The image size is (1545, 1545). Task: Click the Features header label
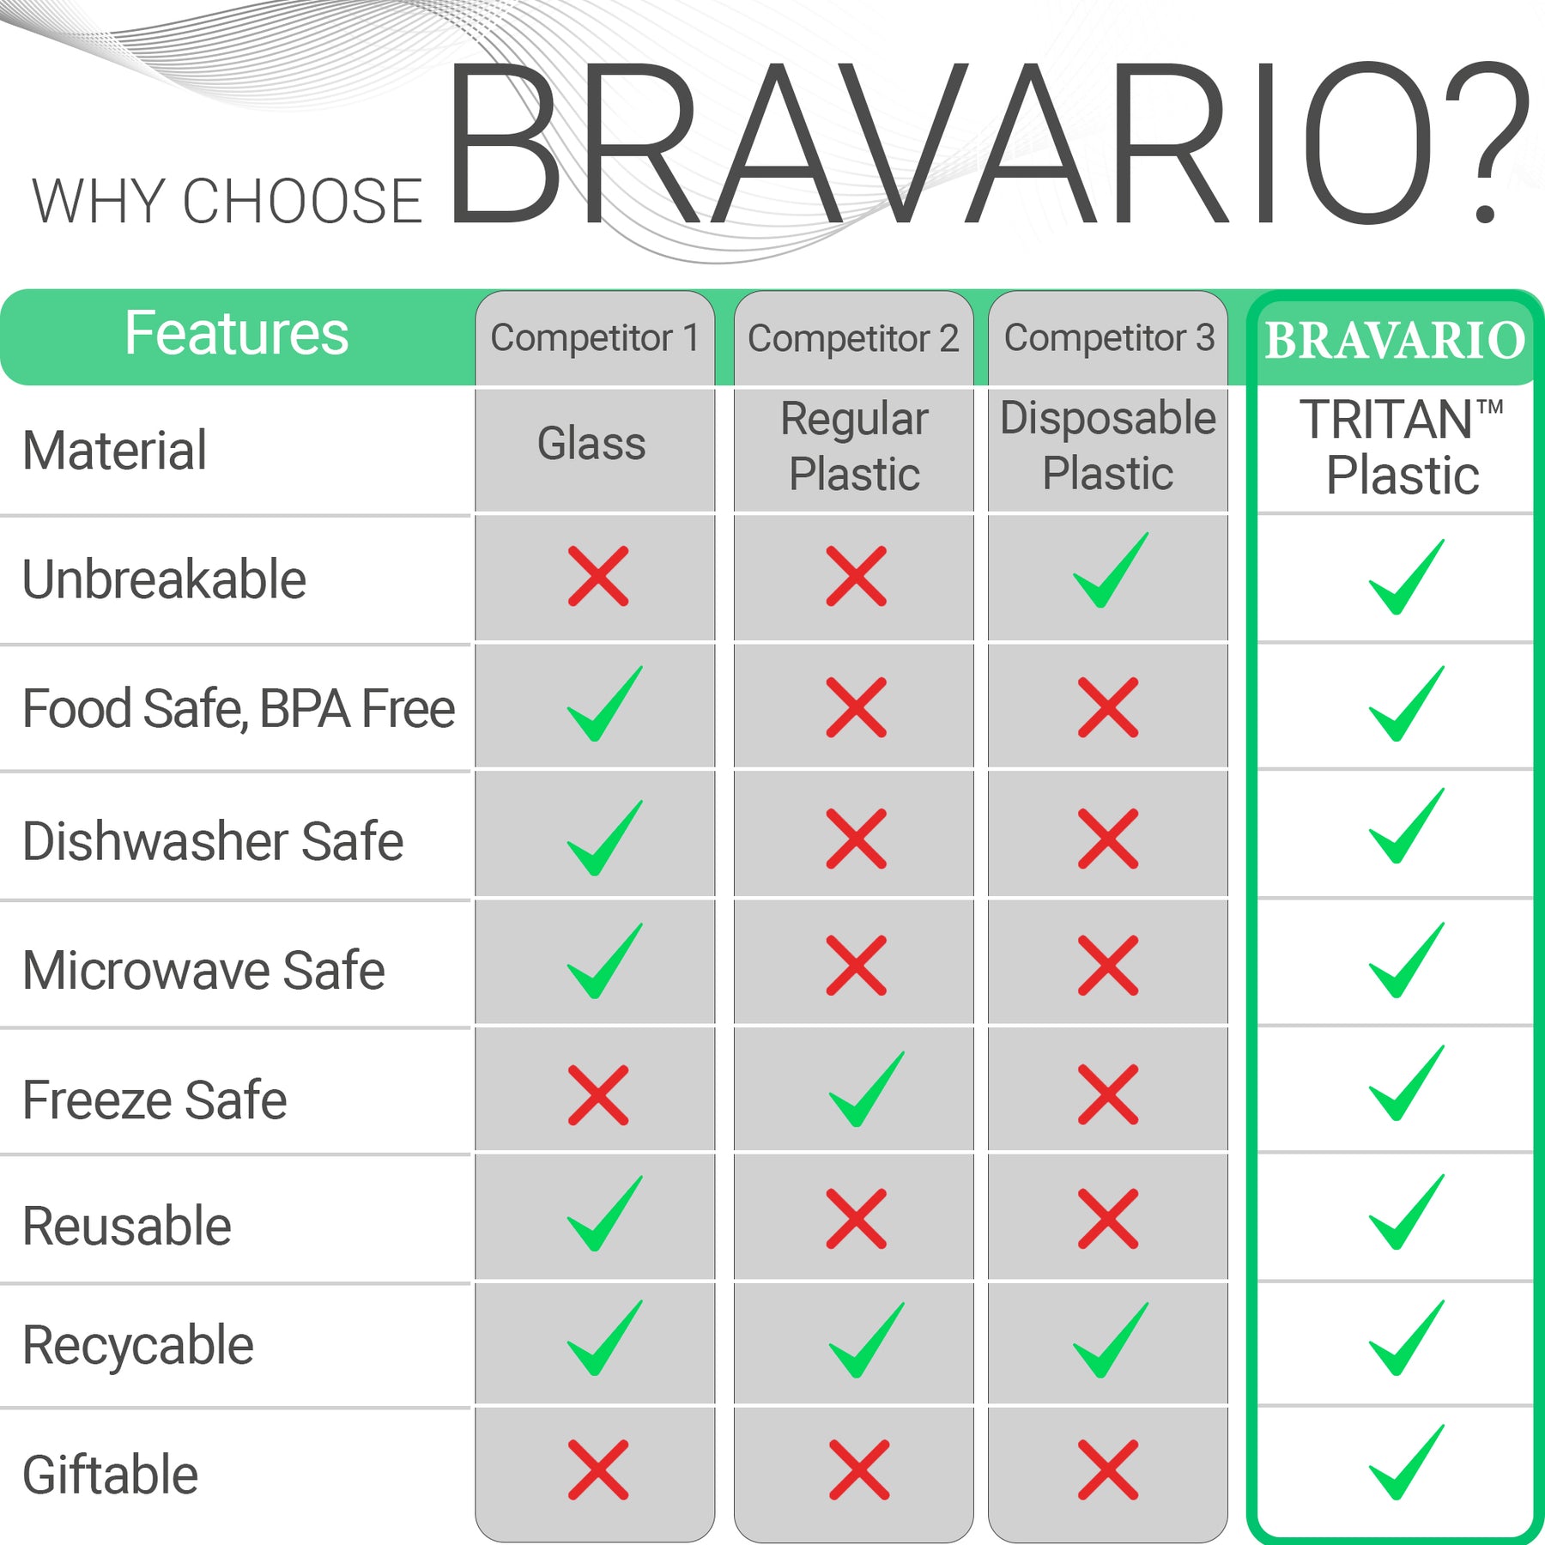click(236, 334)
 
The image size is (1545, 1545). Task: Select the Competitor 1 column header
click(595, 338)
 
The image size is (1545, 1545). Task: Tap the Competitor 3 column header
click(1109, 338)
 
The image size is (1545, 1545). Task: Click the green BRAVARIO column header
click(1395, 341)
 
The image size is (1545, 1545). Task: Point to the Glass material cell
click(591, 445)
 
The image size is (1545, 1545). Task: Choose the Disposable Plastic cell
click(1108, 446)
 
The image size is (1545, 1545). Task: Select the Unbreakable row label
click(164, 579)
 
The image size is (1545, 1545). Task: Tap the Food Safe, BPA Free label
click(238, 709)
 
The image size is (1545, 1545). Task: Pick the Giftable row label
click(110, 1475)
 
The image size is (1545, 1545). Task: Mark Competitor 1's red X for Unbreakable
click(598, 576)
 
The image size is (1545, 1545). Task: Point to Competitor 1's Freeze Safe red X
click(598, 1095)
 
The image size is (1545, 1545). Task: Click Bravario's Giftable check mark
click(1405, 1463)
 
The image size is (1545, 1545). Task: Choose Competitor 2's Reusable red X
click(856, 1219)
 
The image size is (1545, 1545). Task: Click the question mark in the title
click(1487, 142)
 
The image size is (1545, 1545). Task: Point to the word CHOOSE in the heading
click(302, 203)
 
